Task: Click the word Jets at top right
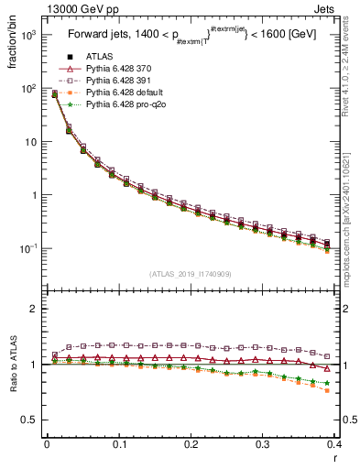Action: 339,8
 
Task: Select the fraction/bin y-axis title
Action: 13,46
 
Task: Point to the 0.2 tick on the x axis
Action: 191,443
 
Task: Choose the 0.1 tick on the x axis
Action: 118,443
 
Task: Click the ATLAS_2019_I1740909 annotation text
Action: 190,274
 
